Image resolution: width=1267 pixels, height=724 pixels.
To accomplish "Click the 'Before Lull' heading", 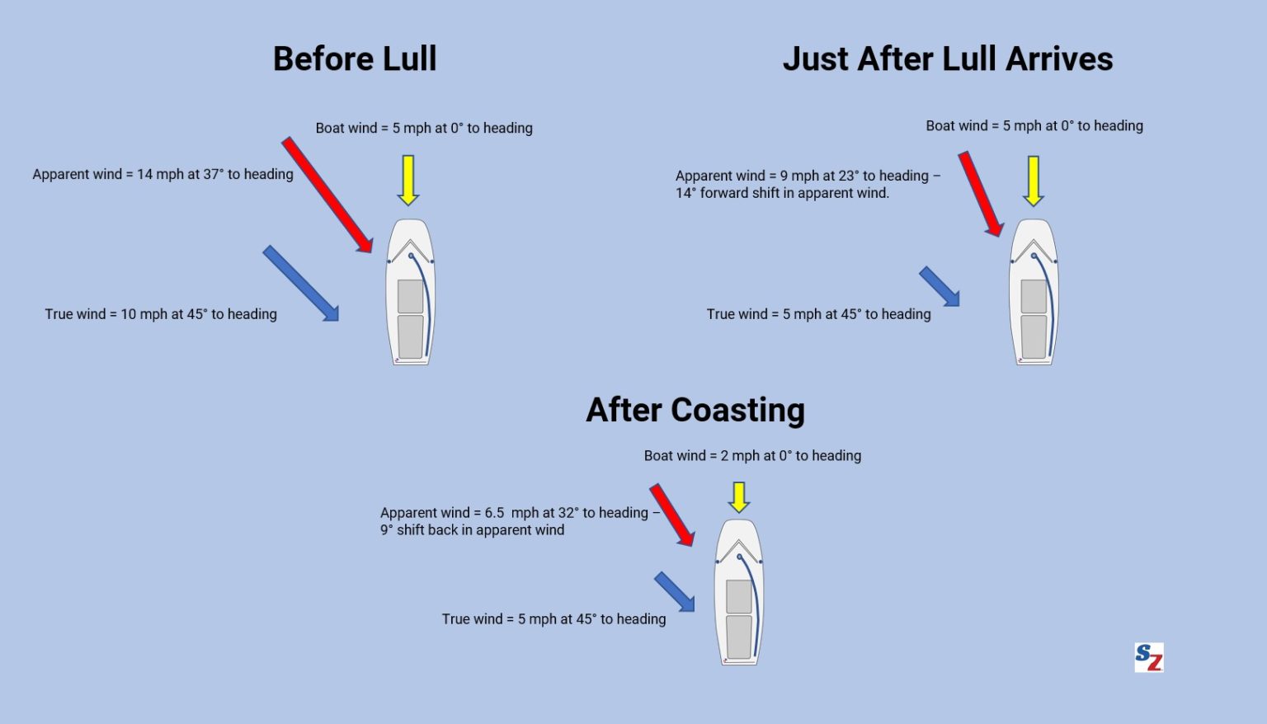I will tap(355, 59).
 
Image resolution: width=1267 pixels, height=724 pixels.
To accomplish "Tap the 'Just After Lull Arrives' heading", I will tap(948, 59).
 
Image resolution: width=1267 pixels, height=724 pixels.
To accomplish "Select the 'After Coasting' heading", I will tap(695, 410).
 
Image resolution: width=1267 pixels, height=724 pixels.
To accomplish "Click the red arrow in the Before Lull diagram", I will tap(327, 195).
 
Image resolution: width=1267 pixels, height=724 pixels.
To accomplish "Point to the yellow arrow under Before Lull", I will tap(407, 179).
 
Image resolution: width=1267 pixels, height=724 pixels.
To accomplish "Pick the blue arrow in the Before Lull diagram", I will tap(301, 283).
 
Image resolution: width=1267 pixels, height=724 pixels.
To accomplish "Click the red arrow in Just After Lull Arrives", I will tap(981, 194).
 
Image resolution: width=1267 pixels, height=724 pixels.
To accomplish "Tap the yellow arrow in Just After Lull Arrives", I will tap(1033, 180).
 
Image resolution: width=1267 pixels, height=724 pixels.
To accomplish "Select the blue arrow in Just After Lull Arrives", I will tap(940, 287).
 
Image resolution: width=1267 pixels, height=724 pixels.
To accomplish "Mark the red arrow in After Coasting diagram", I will tap(672, 515).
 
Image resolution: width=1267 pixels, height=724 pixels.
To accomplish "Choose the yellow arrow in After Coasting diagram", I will tap(739, 496).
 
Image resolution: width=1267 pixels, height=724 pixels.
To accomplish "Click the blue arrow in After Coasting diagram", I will tap(675, 592).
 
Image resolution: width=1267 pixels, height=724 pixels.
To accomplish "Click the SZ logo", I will tap(1149, 657).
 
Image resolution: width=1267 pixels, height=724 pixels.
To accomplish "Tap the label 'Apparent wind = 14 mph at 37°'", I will tap(162, 174).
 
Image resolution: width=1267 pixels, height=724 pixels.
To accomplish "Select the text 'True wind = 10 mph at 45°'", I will tap(161, 314).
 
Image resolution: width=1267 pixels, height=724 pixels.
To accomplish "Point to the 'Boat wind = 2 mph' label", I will tap(752, 456).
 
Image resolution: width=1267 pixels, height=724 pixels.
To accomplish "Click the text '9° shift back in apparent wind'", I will tap(472, 530).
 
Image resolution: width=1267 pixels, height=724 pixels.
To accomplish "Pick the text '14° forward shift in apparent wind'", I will tap(782, 193).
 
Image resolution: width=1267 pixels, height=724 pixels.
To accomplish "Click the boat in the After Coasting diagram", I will tap(739, 592).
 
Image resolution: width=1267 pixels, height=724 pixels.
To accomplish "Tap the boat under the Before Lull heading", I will tap(410, 292).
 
